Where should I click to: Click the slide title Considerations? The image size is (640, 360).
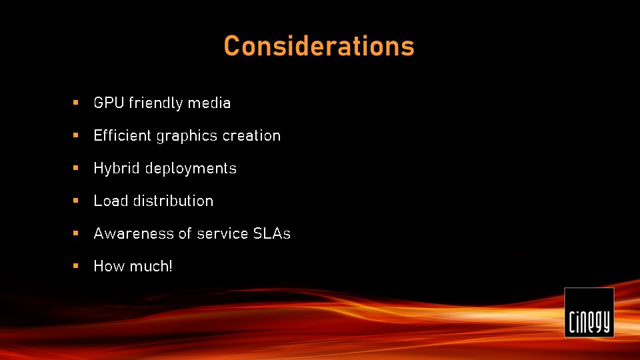click(x=319, y=46)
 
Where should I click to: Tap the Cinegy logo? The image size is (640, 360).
click(x=589, y=313)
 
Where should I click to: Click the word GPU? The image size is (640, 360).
click(x=109, y=103)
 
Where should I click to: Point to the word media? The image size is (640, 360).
click(x=209, y=103)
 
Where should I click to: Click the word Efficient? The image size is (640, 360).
click(x=123, y=135)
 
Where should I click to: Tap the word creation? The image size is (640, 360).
click(x=251, y=135)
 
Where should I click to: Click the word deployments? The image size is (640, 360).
click(x=191, y=169)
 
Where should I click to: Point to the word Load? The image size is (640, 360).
click(x=111, y=201)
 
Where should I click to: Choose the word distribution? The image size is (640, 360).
click(x=173, y=201)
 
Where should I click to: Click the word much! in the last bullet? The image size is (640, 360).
click(x=150, y=266)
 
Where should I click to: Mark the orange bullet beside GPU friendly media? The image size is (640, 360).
click(x=75, y=103)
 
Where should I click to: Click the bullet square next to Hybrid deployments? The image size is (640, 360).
click(x=75, y=168)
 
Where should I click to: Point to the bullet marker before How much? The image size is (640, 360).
click(x=75, y=266)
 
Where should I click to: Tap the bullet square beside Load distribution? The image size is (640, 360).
click(x=75, y=201)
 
